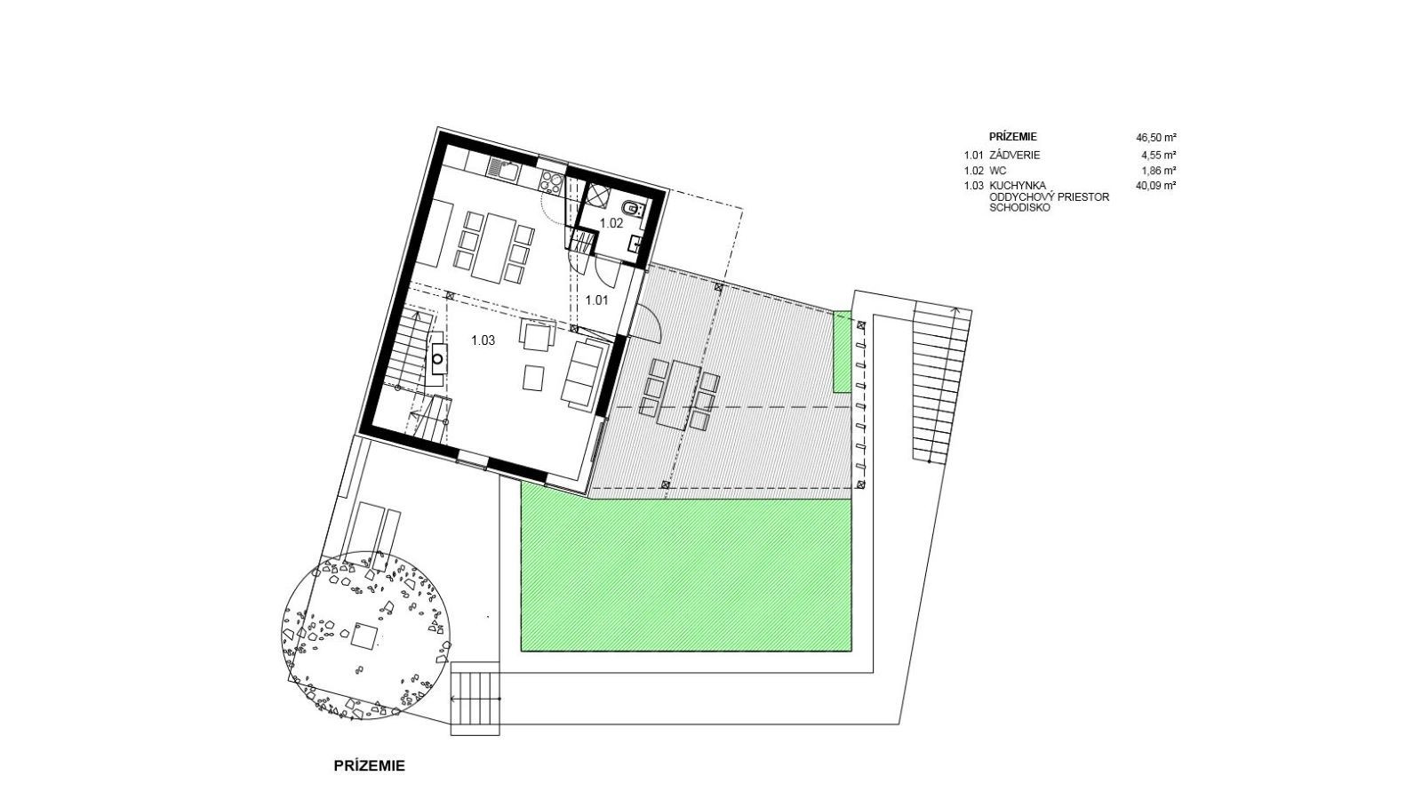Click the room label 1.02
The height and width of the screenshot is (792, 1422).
tap(612, 223)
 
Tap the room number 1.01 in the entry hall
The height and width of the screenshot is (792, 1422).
tap(596, 300)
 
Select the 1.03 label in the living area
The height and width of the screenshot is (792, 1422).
tap(483, 340)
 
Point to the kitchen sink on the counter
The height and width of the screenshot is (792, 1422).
tap(504, 169)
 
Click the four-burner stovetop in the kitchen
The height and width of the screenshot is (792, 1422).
tap(551, 182)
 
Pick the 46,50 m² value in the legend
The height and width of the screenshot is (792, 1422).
tap(1156, 137)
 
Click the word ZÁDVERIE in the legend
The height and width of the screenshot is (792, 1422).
tap(1014, 155)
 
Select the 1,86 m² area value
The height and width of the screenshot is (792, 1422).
tap(1159, 170)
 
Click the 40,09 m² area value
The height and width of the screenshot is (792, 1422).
tap(1156, 186)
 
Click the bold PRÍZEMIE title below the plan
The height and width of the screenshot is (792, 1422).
tap(370, 766)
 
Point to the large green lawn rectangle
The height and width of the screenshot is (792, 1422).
tap(685, 575)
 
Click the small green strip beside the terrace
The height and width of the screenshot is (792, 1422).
tap(842, 351)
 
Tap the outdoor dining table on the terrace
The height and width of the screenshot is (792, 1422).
tap(679, 395)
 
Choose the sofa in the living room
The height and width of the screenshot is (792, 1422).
tap(584, 373)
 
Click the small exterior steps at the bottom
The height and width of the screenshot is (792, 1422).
tap(475, 699)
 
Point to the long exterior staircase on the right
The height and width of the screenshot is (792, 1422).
tap(942, 382)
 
